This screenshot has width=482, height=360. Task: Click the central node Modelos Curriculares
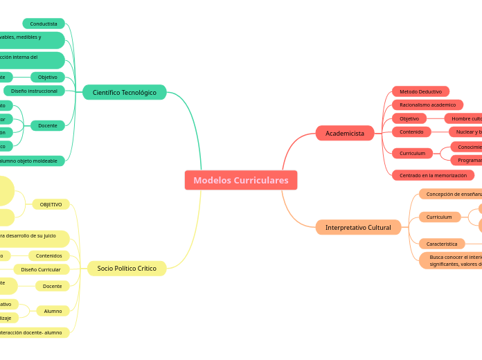241,180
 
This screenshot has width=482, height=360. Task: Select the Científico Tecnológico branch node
125,92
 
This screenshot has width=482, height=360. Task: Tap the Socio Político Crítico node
127,268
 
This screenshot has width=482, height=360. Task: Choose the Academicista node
345,133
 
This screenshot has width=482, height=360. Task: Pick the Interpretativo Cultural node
358,227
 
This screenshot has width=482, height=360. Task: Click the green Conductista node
44,24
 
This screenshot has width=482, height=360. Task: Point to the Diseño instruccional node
35,91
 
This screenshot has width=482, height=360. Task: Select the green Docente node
48,125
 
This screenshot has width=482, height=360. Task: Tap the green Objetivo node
48,77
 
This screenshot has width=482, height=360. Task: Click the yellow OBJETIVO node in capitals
51,204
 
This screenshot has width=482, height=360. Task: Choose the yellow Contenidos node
49,255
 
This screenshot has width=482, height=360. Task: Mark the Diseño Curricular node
41,269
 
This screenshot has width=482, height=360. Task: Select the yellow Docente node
53,286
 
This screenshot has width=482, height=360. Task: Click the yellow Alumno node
53,311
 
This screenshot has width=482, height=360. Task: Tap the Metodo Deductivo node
420,91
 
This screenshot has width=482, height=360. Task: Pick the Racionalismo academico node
427,105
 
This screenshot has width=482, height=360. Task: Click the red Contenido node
411,132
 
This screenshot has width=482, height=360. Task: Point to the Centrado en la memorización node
433,175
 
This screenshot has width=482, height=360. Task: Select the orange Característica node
442,244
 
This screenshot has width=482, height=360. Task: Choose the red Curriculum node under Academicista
412,153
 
